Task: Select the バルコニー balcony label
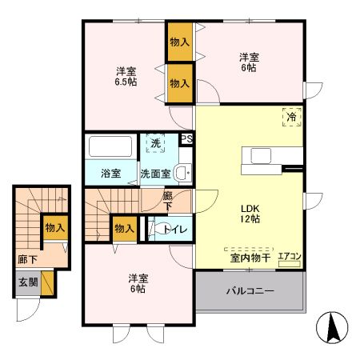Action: coord(249,291)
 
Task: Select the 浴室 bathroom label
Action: coord(110,173)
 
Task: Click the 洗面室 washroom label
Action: coord(155,173)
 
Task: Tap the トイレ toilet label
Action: coord(175,230)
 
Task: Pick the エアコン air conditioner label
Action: coord(290,256)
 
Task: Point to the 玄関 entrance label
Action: coord(27,283)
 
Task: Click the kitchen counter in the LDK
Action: coord(276,154)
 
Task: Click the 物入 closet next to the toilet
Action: coord(124,229)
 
